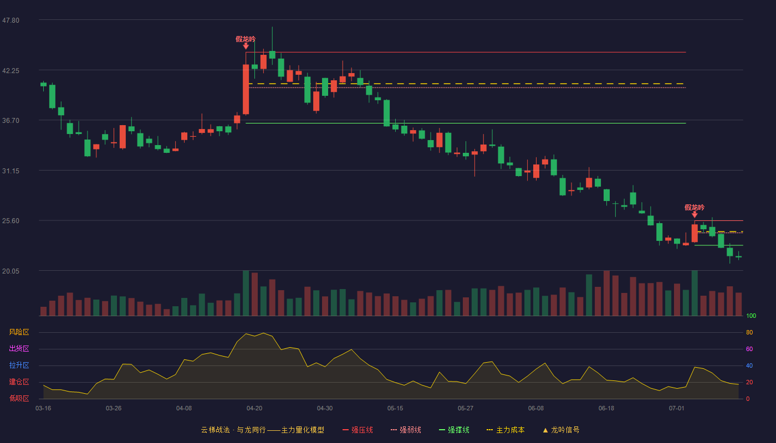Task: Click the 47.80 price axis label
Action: tap(11, 20)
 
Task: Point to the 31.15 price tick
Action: tap(11, 171)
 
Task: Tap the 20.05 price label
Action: tap(11, 271)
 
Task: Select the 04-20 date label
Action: tap(254, 409)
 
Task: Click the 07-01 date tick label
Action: tap(677, 409)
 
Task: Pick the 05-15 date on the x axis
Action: tap(395, 409)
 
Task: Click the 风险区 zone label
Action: tap(19, 332)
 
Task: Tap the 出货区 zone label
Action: tap(19, 348)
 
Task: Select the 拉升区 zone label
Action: tap(19, 365)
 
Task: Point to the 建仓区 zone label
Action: tap(19, 382)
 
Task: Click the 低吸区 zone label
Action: tap(19, 398)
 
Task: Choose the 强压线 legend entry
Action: tap(358, 430)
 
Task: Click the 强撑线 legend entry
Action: tap(454, 430)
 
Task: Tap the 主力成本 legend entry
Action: tap(506, 430)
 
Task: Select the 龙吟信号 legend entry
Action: tap(561, 430)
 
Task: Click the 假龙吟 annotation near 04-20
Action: tap(246, 39)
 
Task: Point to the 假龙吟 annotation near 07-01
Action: tap(695, 207)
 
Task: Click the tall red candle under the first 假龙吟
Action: tap(246, 89)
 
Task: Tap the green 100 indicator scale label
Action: tap(751, 316)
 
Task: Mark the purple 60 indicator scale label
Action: tap(749, 349)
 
